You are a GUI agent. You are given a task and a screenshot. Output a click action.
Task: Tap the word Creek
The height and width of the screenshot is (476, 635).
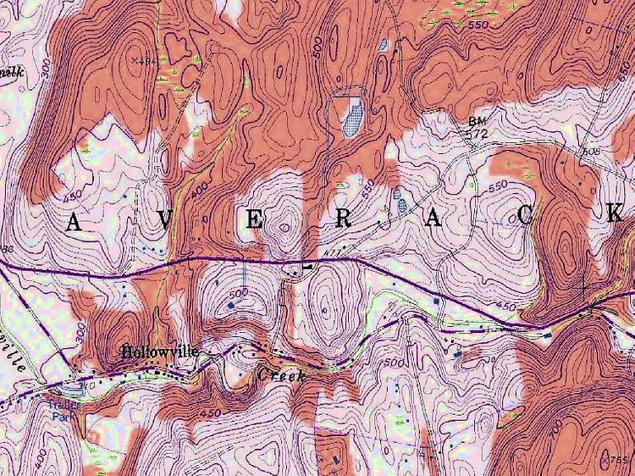pyautogui.click(x=279, y=372)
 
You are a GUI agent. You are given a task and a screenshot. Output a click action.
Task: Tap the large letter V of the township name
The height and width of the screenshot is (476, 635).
pyautogui.click(x=164, y=219)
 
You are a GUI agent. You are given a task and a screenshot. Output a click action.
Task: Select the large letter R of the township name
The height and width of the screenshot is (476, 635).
pyautogui.click(x=342, y=219)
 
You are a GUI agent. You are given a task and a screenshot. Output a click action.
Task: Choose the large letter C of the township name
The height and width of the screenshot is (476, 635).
pyautogui.click(x=525, y=217)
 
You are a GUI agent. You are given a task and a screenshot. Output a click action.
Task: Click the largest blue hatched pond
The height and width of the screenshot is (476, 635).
pyautogui.click(x=351, y=115)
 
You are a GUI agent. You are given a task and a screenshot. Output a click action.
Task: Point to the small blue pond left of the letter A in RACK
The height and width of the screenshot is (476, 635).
pyautogui.click(x=399, y=202)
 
